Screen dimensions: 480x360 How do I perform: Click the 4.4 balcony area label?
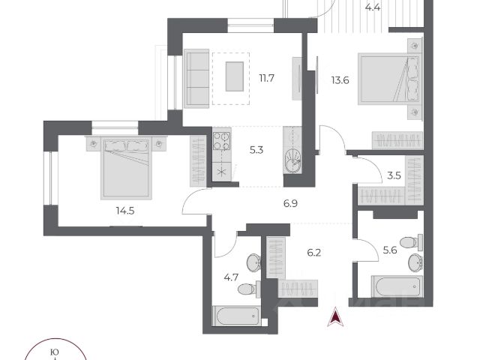click(x=372, y=8)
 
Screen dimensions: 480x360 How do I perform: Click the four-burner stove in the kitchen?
click(x=223, y=142)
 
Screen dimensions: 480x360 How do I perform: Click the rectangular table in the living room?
click(x=235, y=75)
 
